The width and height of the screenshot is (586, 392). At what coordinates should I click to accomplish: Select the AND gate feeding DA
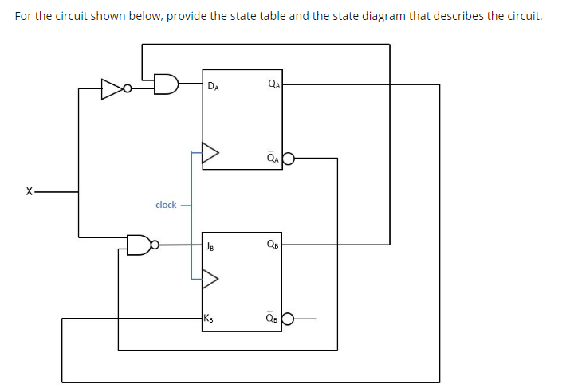[166, 84]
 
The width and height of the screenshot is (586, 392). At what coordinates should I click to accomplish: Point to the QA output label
[273, 83]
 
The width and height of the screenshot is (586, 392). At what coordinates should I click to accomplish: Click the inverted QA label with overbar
[273, 156]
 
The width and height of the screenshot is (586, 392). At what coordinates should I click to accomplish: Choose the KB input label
[209, 319]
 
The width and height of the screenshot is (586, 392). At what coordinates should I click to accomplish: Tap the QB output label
[273, 245]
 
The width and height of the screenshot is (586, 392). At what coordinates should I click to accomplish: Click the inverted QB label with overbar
[273, 318]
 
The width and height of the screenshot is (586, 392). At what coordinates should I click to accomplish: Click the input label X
[29, 192]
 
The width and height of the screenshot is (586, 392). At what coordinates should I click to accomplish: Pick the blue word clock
[166, 205]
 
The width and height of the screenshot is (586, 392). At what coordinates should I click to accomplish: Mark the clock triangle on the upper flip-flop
[210, 153]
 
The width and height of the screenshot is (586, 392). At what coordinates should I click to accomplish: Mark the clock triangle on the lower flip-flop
[210, 278]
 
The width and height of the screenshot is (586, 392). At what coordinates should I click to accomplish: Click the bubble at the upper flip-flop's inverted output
[288, 158]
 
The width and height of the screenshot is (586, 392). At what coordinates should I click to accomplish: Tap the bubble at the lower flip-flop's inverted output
[288, 319]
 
